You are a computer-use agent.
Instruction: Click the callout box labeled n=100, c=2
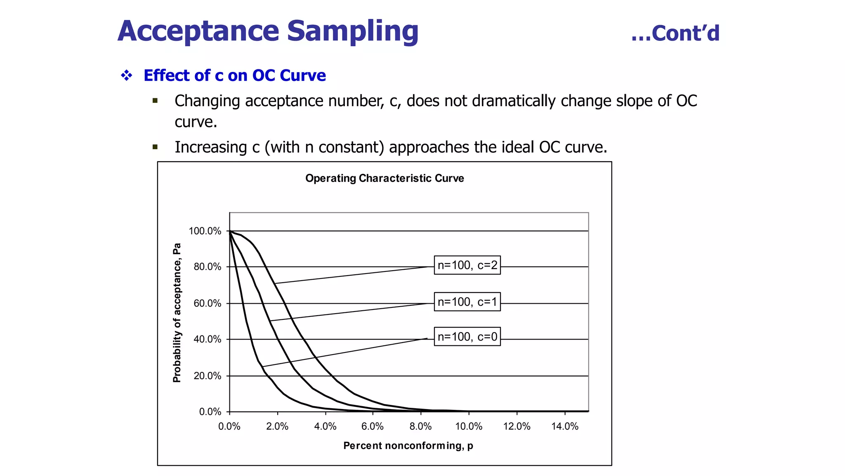467,265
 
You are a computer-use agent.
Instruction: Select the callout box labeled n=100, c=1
467,302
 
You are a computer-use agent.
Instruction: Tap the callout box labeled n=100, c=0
467,337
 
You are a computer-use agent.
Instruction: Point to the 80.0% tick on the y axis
208,267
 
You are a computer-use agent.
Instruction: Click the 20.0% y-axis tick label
208,376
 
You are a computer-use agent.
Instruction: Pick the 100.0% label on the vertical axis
205,231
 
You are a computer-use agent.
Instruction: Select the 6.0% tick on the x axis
373,426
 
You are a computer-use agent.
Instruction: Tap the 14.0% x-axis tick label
565,426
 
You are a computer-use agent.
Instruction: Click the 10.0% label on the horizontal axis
469,426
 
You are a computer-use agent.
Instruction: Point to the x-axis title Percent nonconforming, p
408,445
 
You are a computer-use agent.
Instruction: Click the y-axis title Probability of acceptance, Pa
177,313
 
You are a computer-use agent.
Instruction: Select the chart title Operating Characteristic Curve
385,178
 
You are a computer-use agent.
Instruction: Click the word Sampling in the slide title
352,31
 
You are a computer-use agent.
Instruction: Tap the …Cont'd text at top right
675,33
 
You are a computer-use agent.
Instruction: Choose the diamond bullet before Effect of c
127,75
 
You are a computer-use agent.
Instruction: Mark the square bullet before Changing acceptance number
155,100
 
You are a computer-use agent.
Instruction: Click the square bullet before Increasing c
155,147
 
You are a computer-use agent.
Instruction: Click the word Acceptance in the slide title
198,31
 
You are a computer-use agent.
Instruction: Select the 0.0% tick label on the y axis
210,412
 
